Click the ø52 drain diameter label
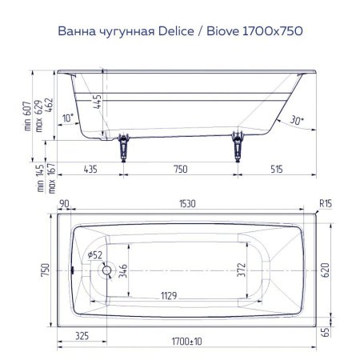point(97,255)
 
